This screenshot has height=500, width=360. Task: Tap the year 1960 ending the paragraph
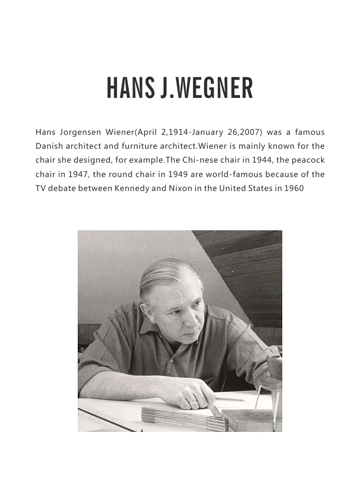click(x=294, y=188)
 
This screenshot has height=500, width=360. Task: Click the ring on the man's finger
click(x=192, y=400)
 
